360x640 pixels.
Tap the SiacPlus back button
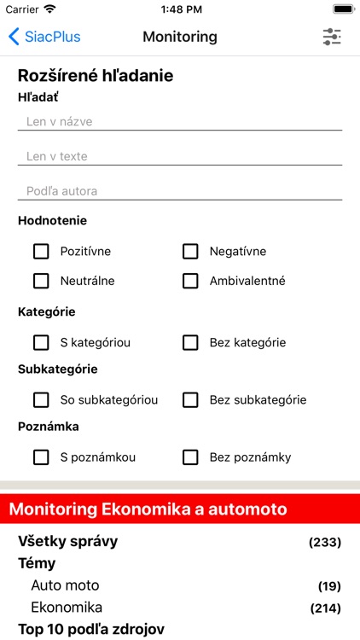tap(44, 37)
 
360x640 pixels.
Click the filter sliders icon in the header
tap(332, 37)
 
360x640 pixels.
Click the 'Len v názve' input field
tap(179, 122)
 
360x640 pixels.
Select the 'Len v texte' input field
tap(179, 157)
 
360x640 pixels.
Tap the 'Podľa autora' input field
tap(179, 191)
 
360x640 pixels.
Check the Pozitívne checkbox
tap(41, 251)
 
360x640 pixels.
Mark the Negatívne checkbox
tap(190, 251)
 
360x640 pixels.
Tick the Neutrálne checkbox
tap(41, 281)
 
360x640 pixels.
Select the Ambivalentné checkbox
tap(190, 281)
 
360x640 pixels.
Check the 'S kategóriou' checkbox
tap(41, 342)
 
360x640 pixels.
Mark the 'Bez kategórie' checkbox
tap(190, 342)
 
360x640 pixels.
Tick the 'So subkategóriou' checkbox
tap(41, 399)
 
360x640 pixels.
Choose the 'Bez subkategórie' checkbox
tap(190, 399)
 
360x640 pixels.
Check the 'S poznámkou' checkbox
tap(41, 457)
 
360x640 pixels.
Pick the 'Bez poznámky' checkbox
tap(190, 457)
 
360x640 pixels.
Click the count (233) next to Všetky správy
tap(324, 542)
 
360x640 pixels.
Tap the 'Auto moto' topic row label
tap(65, 585)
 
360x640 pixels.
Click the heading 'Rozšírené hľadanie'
tap(96, 76)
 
